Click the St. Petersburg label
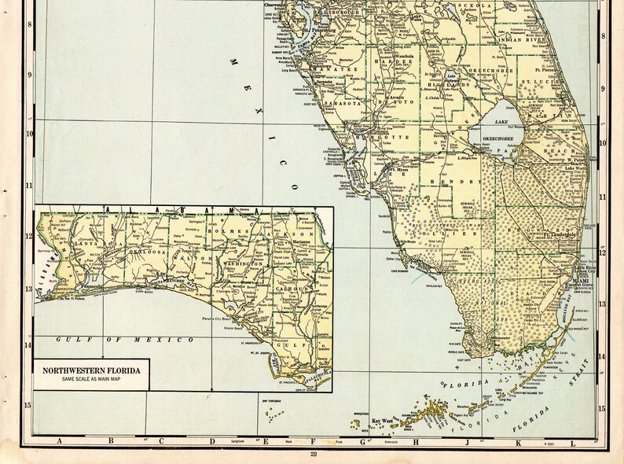320,32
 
